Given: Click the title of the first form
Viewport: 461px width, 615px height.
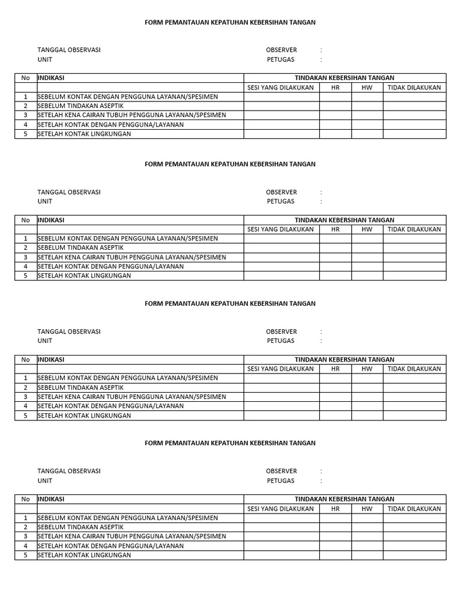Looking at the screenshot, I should click(230, 22).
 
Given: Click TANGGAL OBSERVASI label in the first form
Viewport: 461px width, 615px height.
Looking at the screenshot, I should click(69, 50).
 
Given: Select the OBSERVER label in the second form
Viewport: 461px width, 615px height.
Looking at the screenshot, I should click(282, 192).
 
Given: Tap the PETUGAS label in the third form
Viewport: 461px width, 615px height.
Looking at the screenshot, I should click(281, 341).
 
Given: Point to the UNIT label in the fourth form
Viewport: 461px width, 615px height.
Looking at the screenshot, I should click(45, 480).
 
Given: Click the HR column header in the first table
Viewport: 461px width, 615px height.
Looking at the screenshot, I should click(335, 87).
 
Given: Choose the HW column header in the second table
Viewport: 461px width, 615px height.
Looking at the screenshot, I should click(367, 229).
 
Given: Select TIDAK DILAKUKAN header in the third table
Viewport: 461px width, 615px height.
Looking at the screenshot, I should click(414, 369).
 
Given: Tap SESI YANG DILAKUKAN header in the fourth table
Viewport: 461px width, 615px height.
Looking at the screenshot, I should click(281, 508).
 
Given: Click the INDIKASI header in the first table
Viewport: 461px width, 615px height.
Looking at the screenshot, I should click(51, 77).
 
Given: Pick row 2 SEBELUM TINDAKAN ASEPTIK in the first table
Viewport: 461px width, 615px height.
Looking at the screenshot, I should click(80, 106).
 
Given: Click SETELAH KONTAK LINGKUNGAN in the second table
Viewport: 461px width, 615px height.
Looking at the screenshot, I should click(84, 276).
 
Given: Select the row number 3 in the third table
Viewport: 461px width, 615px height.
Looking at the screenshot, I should click(25, 396).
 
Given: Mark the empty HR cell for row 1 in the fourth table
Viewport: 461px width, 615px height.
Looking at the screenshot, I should click(335, 518).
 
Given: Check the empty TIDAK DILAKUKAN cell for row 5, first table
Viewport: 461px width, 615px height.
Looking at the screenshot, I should click(414, 134).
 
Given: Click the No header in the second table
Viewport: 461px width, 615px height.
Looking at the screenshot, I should click(25, 220).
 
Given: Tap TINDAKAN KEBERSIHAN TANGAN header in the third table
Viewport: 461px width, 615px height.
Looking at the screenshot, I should click(345, 359).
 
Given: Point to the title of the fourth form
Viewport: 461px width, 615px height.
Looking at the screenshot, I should click(230, 443).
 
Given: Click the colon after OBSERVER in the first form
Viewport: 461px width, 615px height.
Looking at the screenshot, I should click(321, 50).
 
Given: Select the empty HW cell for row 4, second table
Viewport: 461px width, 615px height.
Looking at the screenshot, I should click(367, 266).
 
